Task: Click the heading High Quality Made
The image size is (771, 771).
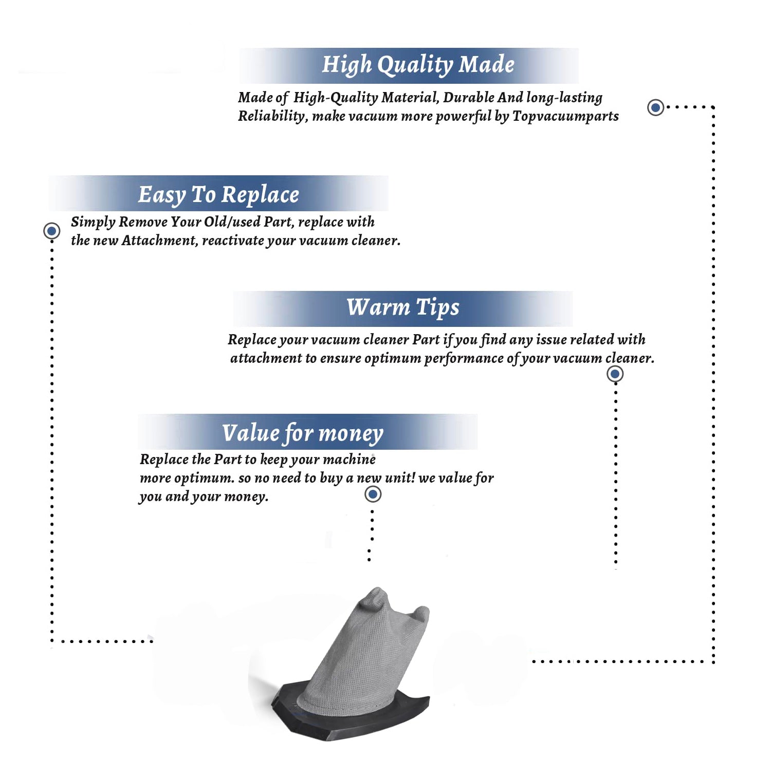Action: pos(418,65)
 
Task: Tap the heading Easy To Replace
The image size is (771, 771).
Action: pos(218,195)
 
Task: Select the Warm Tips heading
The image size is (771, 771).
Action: pos(403,307)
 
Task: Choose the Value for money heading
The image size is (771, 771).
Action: pos(303,433)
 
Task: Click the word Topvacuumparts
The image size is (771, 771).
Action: pos(565,117)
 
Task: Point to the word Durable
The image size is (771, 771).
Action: pos(469,97)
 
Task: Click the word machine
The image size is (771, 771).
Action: pos(352,459)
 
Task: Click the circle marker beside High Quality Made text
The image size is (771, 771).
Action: pos(655,107)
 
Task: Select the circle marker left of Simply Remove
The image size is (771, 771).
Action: pos(51,231)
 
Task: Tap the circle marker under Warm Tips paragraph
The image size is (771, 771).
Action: pos(615,374)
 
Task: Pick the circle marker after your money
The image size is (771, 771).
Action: pos(373,494)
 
